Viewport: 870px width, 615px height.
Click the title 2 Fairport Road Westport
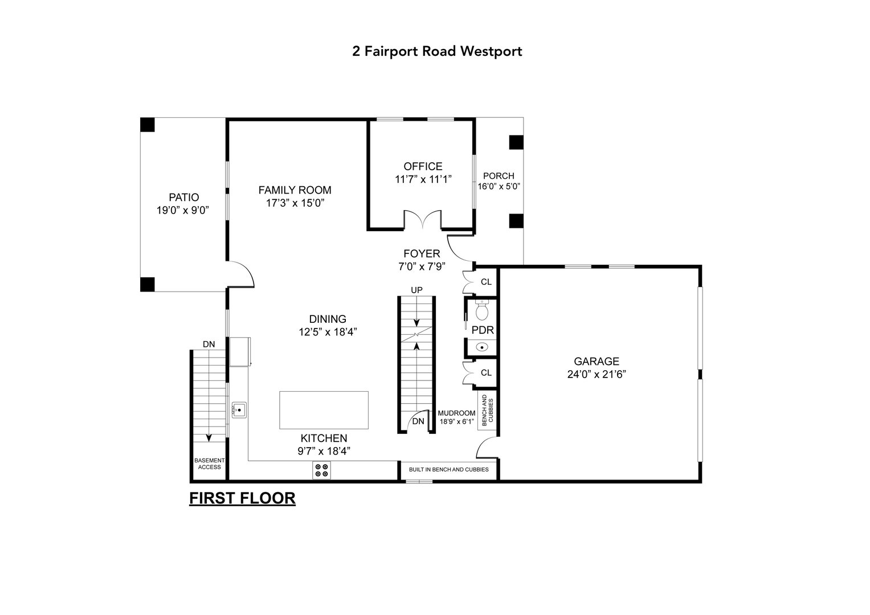tap(437, 51)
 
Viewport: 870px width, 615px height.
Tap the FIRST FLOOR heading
tap(242, 498)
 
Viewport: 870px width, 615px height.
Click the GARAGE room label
tap(596, 362)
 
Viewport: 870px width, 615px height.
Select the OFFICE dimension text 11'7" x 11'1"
tap(423, 179)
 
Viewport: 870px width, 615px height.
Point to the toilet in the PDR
tap(482, 310)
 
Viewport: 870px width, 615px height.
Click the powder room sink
tap(482, 346)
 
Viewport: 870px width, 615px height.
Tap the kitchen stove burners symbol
tap(321, 470)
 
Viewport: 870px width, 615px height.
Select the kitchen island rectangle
tap(324, 410)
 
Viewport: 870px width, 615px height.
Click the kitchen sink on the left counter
tap(239, 409)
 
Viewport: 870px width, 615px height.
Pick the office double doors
tap(422, 220)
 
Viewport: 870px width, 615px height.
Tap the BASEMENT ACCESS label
tap(209, 464)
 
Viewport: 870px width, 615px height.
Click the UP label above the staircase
tap(417, 290)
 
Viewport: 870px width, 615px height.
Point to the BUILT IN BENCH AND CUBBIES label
tap(448, 470)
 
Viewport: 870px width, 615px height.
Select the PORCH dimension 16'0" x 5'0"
tap(499, 186)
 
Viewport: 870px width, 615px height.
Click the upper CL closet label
tap(486, 282)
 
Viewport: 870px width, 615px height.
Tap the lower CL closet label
tap(486, 373)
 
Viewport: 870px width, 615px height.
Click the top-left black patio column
tap(148, 125)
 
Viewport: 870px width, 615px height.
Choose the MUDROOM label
tap(456, 413)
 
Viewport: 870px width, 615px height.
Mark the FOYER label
tap(422, 254)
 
